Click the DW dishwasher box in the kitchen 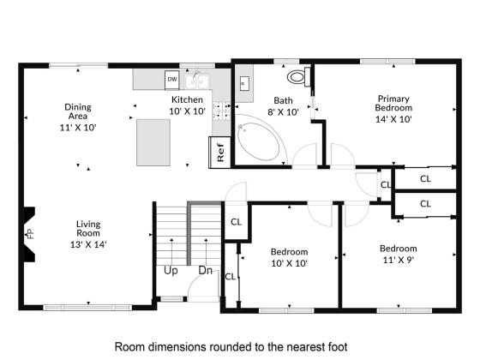point(171,80)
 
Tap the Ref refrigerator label point(220,153)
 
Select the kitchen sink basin point(197,81)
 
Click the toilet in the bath point(298,76)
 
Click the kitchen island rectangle point(153,142)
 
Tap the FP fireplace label point(31,234)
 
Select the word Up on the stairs point(171,271)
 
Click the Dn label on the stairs point(206,270)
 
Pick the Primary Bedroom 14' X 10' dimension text point(393,119)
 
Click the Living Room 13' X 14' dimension point(88,244)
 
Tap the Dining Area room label point(78,111)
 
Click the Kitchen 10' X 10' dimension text point(187,111)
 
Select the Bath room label point(283,100)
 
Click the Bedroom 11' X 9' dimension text point(399,260)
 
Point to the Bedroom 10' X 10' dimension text point(290,263)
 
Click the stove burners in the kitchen point(222,111)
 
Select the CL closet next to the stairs point(236,222)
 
